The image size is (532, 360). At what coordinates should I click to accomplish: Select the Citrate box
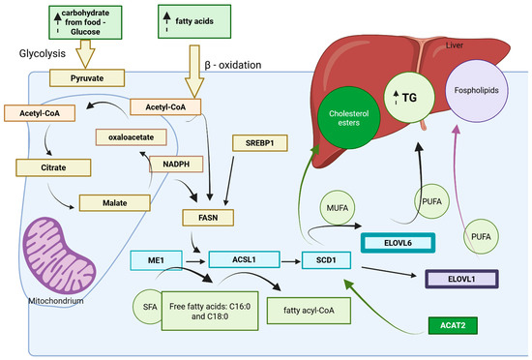pyautogui.click(x=44, y=168)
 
